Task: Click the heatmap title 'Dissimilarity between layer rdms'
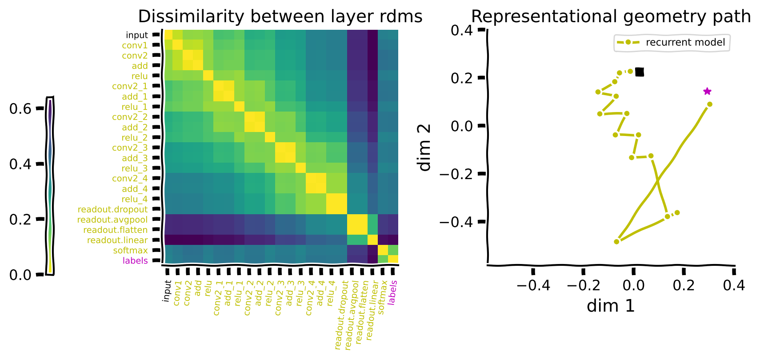tap(280, 17)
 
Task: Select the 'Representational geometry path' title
tap(611, 17)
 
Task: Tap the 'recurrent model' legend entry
tap(685, 43)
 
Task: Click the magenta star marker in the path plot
tap(707, 92)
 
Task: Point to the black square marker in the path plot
tap(640, 72)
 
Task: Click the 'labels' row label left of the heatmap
tap(135, 261)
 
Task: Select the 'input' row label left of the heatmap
tap(136, 35)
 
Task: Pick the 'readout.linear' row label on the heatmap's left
tap(117, 240)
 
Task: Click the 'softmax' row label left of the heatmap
tap(130, 251)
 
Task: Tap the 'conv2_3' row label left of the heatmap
tap(130, 148)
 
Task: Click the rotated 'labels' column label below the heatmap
tap(392, 292)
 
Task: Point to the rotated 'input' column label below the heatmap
tap(167, 291)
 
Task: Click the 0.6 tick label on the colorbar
tap(20, 109)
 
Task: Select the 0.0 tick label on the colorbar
tap(20, 275)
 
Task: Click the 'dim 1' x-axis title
tap(611, 306)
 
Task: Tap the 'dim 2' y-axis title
tap(425, 148)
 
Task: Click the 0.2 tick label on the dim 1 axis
tap(684, 285)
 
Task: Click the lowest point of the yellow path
tap(616, 242)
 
